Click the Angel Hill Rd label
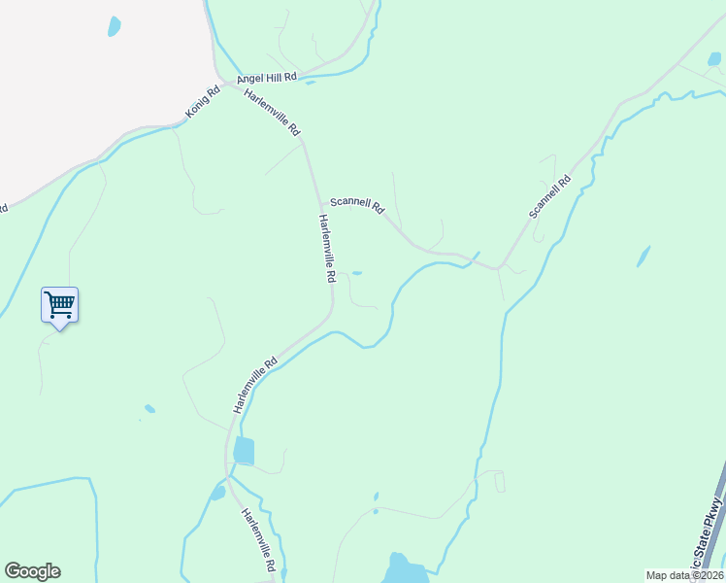point(265,77)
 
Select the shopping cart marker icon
point(59,305)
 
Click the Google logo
point(32,571)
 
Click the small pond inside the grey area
point(115,25)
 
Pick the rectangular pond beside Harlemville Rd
point(244,451)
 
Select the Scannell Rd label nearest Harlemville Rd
point(357,206)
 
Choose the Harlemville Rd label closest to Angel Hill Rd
point(274,111)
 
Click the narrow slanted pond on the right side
point(643,257)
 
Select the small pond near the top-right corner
point(714,59)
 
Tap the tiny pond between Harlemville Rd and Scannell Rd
point(357,273)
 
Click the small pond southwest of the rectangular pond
point(217,493)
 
